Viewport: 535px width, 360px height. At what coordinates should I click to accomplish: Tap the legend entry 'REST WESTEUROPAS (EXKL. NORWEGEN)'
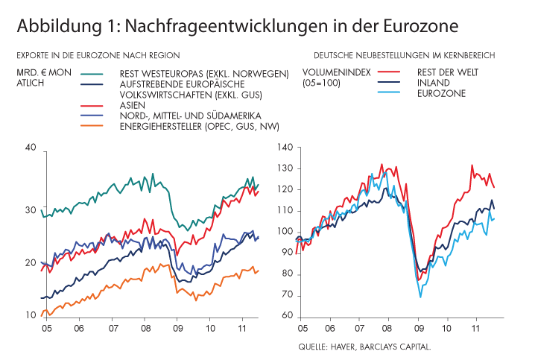point(203,73)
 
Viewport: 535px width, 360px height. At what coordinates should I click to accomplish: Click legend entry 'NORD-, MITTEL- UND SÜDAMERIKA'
point(194,116)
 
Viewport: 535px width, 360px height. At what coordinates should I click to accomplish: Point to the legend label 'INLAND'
point(433,83)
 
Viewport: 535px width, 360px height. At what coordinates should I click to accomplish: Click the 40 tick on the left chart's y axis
point(31,148)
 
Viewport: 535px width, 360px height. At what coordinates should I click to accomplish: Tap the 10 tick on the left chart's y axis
point(31,315)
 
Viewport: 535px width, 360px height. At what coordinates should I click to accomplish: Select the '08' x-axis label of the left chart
point(145,329)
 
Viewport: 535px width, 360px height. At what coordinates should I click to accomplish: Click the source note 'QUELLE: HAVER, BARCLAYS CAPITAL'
point(364,347)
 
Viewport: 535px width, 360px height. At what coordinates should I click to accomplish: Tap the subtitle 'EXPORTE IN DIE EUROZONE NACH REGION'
point(98,55)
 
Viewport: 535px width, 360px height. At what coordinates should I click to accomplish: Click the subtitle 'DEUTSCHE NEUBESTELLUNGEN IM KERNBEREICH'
point(405,55)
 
